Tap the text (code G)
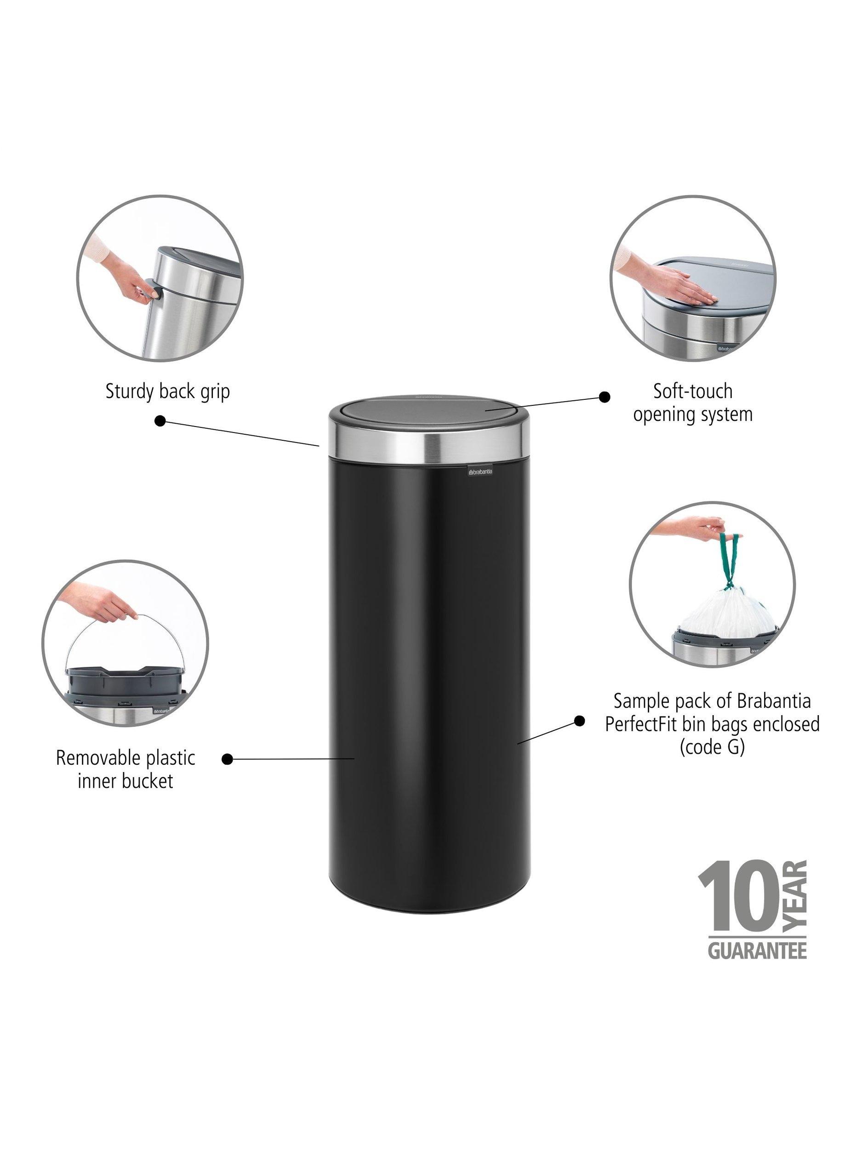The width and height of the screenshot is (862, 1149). click(x=713, y=747)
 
